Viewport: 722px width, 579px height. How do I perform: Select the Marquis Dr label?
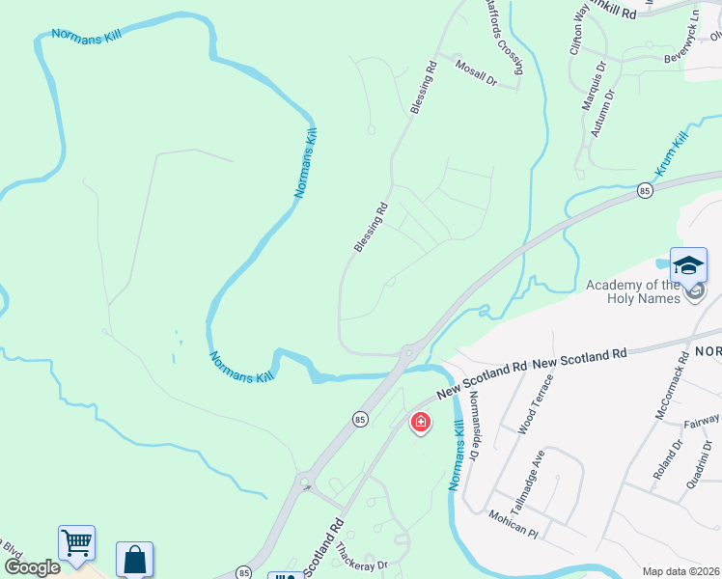coord(595,86)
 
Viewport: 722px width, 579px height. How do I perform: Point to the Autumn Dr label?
coord(603,112)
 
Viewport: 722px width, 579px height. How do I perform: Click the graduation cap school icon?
coord(688,264)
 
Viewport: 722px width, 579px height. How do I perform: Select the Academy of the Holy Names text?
coord(633,290)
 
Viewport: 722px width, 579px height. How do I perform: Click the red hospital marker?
coord(420,422)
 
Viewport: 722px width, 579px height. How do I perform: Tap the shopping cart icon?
coord(76,542)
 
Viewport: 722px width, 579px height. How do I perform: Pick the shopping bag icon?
coord(134,559)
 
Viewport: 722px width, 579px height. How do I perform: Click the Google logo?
coord(32,567)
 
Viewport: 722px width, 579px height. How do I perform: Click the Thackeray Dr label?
coord(360,557)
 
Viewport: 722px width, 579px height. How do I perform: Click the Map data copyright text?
coord(680,571)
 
